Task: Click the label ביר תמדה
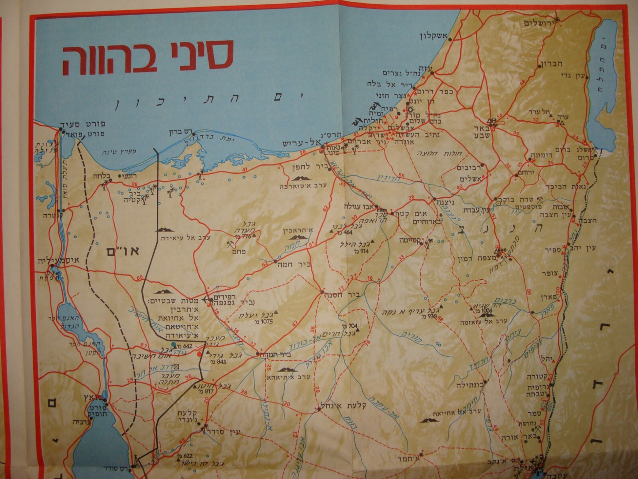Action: tap(276, 354)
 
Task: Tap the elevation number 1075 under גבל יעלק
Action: tap(265, 321)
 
